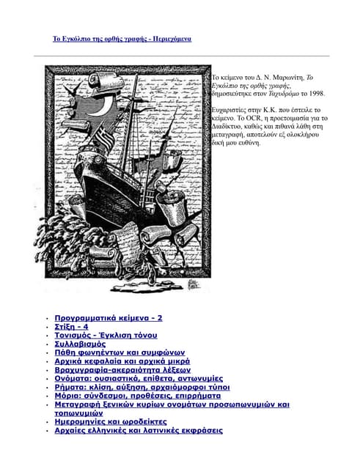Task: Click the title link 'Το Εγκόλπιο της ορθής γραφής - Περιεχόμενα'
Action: pos(122,37)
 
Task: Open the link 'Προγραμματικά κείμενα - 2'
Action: pos(109,318)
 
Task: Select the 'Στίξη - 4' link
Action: pos(72,327)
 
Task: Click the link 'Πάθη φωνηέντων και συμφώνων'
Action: pos(120,352)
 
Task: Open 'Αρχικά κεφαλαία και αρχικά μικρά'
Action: pos(122,361)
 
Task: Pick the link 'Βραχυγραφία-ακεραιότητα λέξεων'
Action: pos(122,370)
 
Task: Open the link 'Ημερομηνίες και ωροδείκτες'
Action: pos(111,422)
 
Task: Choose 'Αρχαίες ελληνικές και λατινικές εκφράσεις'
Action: pos(139,431)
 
